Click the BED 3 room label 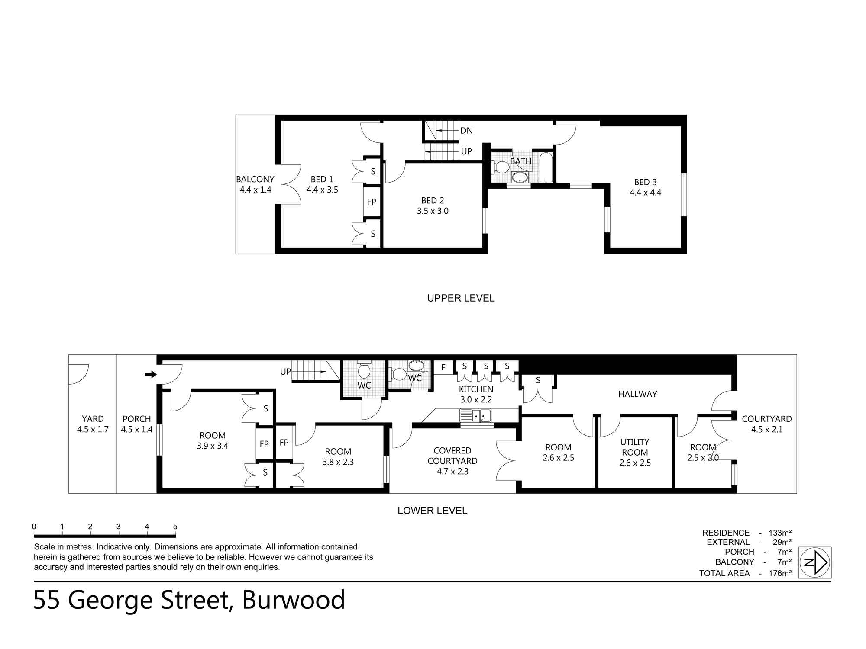tap(645, 182)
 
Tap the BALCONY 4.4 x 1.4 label tap(255, 184)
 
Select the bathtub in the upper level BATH tap(546, 167)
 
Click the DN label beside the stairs tap(466, 131)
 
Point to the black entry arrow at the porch tap(151, 374)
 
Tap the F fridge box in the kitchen tap(443, 368)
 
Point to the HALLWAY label tap(637, 394)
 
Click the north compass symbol tap(815, 562)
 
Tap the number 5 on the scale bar tap(175, 527)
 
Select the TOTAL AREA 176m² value tap(780, 573)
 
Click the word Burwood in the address tap(294, 600)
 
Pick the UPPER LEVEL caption tap(461, 298)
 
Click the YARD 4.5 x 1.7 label tap(93, 424)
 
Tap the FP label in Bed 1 tap(372, 202)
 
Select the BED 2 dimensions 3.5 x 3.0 tap(433, 211)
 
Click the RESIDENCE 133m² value tap(780, 533)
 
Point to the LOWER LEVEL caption tap(432, 511)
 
